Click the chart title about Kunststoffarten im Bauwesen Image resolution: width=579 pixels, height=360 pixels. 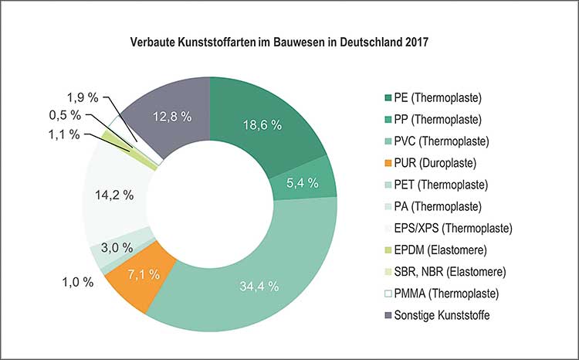click(x=279, y=43)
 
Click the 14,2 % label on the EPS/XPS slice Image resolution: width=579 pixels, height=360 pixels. click(x=113, y=195)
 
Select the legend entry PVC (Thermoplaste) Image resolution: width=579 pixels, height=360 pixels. click(x=442, y=141)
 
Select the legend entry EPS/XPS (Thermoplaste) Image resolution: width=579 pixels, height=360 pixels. click(x=452, y=229)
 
